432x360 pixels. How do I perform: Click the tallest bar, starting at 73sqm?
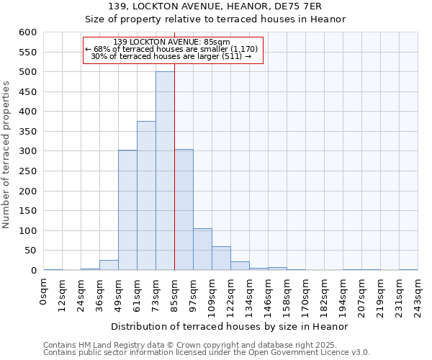[165, 171]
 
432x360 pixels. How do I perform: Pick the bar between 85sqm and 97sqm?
[184, 210]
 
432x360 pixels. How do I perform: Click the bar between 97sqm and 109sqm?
[202, 249]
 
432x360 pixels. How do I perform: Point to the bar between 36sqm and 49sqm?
[109, 265]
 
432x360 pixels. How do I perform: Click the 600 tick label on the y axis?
[27, 32]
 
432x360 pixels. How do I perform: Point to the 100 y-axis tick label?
[27, 231]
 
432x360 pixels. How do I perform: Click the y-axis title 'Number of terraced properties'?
[6, 154]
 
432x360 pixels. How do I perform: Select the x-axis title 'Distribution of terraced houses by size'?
[230, 326]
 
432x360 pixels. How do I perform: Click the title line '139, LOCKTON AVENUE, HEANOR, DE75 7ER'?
[215, 7]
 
